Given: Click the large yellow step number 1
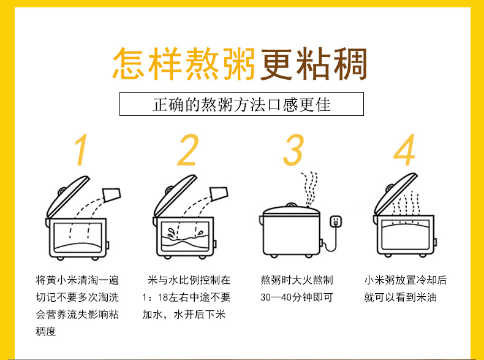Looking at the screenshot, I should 81,150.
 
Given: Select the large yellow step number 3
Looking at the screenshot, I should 293,150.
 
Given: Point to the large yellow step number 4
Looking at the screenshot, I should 404,150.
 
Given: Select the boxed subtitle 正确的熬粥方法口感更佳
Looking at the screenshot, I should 241,104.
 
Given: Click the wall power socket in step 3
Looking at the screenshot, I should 336,221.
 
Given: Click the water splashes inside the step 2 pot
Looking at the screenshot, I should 184,233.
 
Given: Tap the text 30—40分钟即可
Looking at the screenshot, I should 297,297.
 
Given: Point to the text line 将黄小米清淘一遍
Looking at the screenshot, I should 77,280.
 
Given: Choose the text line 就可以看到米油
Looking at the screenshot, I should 400,297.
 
